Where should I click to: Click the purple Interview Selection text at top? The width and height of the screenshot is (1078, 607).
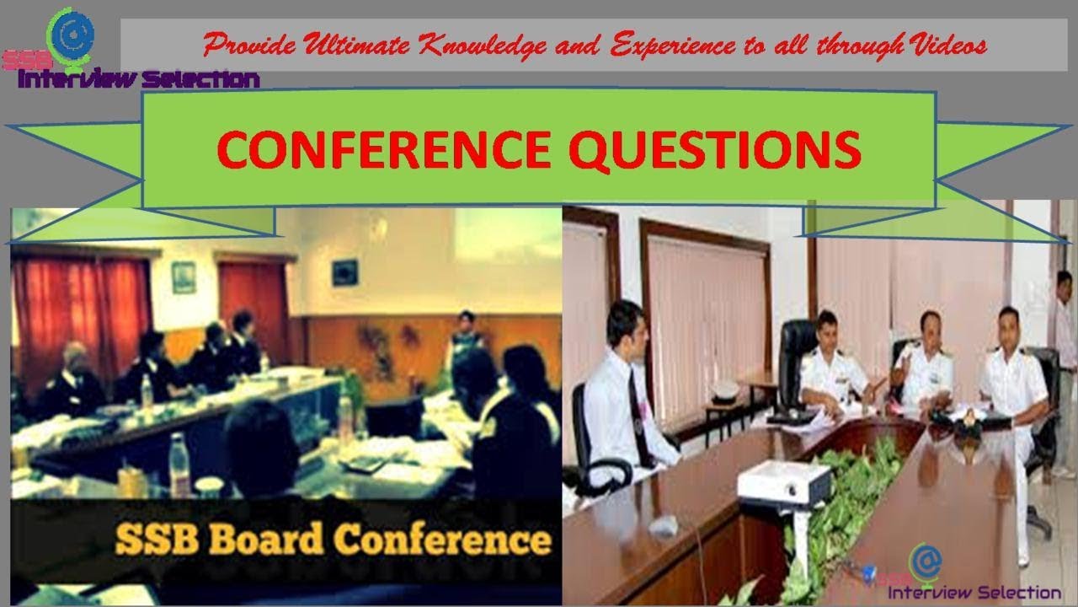click(139, 80)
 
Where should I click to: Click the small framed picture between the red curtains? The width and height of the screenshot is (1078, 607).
click(183, 277)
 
